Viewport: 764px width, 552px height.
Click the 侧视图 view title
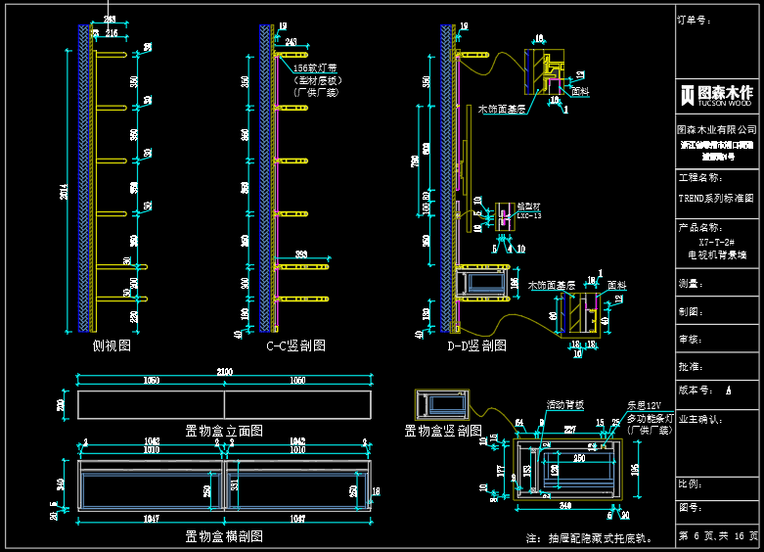[112, 345]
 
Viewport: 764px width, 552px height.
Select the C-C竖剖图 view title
[295, 345]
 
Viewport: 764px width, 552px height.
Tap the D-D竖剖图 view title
[476, 345]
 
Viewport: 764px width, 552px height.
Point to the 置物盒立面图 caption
[224, 431]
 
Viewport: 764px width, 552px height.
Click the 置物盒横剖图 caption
[224, 536]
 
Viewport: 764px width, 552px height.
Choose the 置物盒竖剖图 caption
[443, 430]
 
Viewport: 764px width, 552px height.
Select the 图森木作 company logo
[716, 94]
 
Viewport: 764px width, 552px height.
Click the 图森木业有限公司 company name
[717, 129]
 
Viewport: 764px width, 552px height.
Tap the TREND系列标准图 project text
[716, 197]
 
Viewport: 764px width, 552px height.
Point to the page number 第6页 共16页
[717, 536]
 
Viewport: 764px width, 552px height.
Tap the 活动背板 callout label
[564, 404]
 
